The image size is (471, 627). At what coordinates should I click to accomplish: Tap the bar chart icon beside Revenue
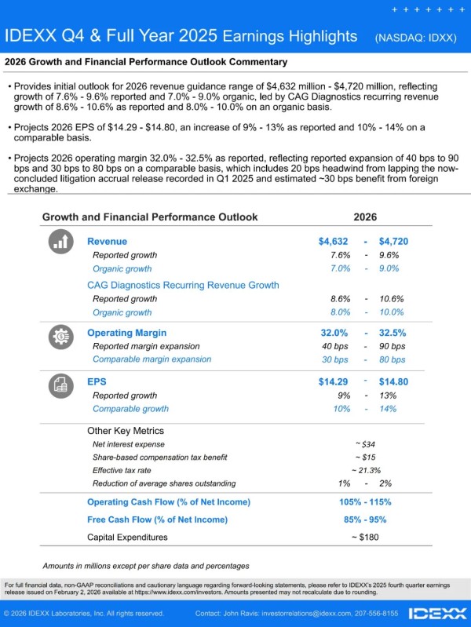click(60, 242)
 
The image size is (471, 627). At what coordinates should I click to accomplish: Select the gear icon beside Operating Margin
click(60, 337)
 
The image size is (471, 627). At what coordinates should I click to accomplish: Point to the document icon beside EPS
click(60, 385)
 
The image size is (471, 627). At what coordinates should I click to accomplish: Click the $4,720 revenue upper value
click(393, 242)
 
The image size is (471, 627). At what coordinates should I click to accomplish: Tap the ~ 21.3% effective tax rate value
click(366, 470)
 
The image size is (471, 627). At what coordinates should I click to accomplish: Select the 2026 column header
click(365, 217)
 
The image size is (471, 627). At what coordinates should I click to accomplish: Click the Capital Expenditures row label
click(127, 538)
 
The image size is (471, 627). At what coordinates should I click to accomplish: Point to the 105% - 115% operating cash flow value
click(365, 502)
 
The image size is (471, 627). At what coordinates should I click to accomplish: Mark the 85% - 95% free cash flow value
click(365, 519)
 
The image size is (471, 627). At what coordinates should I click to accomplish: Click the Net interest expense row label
click(129, 444)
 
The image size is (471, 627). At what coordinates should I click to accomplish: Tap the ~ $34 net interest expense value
click(366, 444)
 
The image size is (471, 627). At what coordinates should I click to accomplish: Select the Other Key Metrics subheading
click(126, 431)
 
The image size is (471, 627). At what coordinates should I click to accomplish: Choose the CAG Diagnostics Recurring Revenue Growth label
click(182, 286)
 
